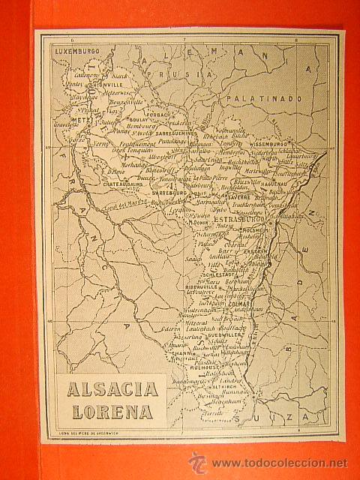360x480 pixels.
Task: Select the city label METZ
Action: (x=80, y=118)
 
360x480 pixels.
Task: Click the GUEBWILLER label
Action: (x=204, y=327)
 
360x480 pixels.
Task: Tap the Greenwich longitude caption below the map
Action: (x=91, y=433)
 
